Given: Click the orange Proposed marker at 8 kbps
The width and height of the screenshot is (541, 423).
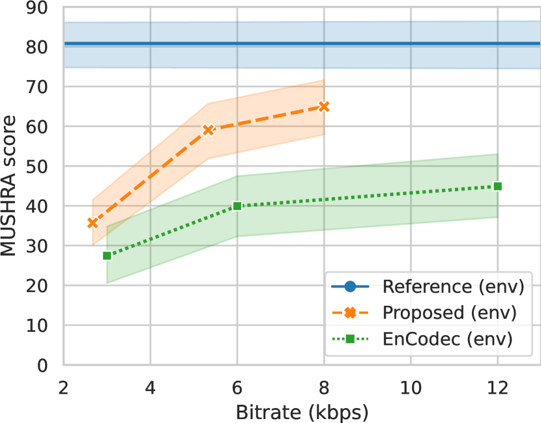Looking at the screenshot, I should tap(324, 106).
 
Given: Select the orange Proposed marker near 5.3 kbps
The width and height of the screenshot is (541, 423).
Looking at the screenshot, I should tap(209, 130).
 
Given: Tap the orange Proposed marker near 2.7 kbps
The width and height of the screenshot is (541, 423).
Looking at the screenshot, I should tap(93, 223).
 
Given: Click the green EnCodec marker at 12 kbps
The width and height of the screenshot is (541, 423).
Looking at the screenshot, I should tap(497, 186).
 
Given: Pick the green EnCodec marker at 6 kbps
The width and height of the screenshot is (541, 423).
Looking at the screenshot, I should tap(237, 206).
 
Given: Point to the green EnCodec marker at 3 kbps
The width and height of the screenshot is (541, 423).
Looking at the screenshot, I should tap(107, 256).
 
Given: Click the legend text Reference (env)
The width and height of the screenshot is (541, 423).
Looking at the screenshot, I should tap(454, 287).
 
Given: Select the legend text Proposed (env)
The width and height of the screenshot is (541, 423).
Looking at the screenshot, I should tap(450, 313).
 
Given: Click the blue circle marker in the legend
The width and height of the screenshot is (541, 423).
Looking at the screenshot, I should tap(350, 287).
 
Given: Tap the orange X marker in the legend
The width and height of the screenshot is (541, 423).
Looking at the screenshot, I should tap(350, 313).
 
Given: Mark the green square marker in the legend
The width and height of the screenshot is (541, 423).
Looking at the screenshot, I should tap(350, 339).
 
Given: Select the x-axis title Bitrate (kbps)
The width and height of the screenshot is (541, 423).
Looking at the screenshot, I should tap(302, 412).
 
